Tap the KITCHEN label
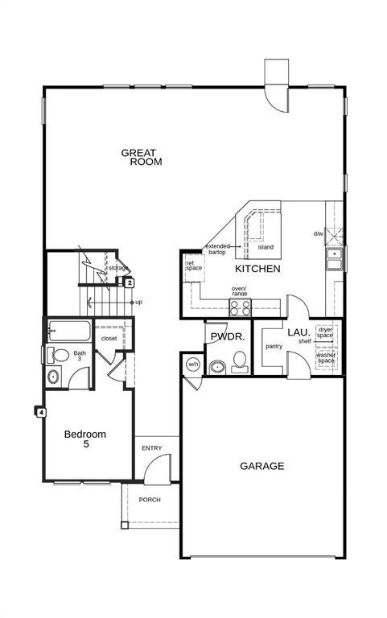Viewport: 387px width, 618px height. coord(257,269)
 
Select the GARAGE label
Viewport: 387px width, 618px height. coord(261,466)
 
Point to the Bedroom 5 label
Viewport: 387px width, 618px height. coord(85,439)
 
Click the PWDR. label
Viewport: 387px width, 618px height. coord(228,337)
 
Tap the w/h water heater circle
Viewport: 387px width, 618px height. coord(193,365)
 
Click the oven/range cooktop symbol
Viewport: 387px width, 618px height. coord(241,307)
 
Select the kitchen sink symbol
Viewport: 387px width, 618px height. coord(334,258)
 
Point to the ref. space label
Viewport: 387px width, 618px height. coord(194,266)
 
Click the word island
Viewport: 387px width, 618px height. coord(266,247)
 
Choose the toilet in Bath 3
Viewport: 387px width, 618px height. coord(61,354)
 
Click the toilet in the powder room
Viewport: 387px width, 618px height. coord(239,367)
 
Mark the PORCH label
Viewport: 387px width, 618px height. coord(150,500)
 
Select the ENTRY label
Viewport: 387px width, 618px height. coord(151,448)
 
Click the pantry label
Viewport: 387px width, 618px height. coord(274,347)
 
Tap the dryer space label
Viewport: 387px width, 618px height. coord(325,332)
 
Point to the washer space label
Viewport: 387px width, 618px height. coord(326,358)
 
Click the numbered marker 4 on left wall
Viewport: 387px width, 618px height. coord(40,412)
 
